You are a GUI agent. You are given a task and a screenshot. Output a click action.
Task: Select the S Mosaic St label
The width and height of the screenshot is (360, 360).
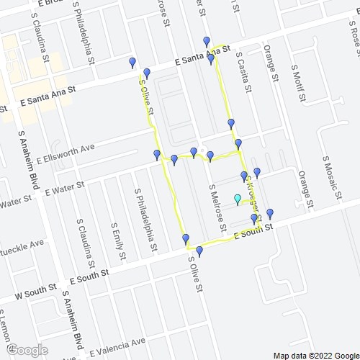coord(330,173)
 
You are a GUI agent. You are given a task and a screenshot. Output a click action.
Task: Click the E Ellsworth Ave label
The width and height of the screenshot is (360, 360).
coord(69,149)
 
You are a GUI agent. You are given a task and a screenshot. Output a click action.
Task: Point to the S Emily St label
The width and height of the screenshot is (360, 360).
coord(117,241)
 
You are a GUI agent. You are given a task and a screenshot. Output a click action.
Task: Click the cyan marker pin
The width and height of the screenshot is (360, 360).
coord(237,199)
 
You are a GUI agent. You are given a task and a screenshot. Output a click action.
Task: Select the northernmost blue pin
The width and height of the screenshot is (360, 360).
coord(207,41)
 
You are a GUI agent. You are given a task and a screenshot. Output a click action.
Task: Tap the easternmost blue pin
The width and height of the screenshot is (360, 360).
coord(270,213)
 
